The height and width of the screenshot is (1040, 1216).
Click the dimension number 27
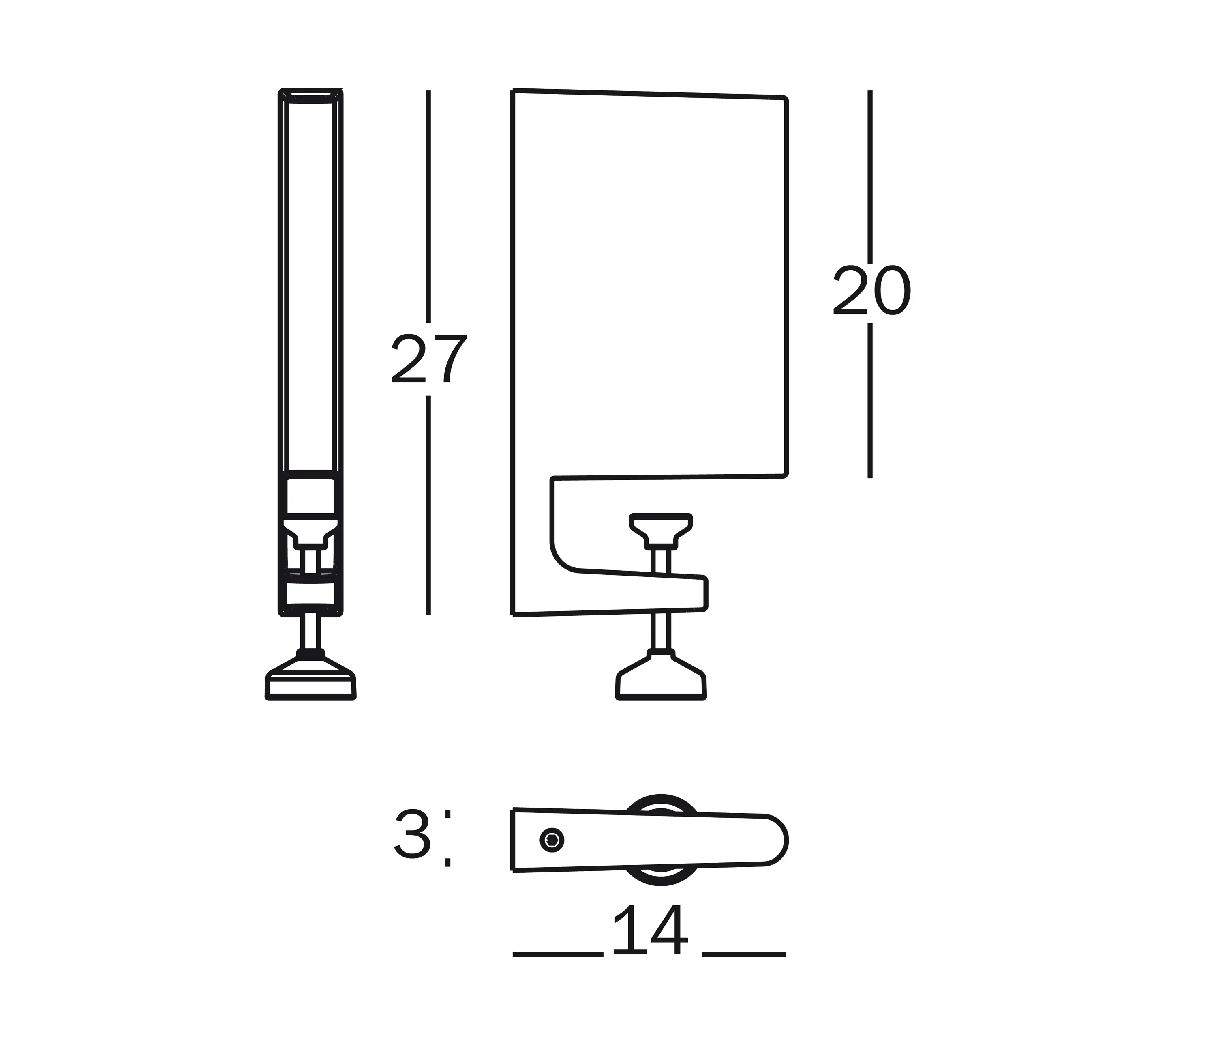point(429,359)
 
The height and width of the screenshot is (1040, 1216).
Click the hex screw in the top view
point(552,840)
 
